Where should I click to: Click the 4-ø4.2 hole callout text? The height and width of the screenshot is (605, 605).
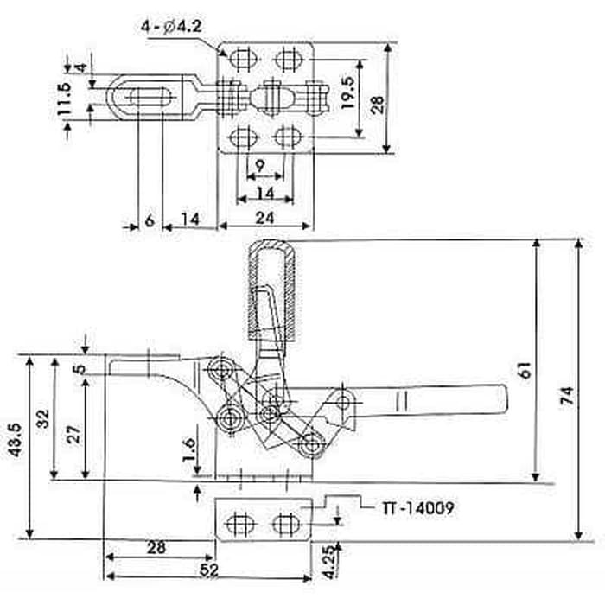coord(171,28)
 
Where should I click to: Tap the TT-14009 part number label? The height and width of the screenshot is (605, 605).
coord(417,508)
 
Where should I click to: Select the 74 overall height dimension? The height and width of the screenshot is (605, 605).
coord(567,395)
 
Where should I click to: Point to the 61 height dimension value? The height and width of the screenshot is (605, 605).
coord(525,370)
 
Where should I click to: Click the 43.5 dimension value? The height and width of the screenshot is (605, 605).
coord(16,440)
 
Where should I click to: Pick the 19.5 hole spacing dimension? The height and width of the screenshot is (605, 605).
coord(347,92)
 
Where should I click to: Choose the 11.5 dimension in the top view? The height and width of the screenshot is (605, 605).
coord(64,99)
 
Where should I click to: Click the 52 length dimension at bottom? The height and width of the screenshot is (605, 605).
coord(209,570)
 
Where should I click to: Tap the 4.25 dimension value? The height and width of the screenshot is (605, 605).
coord(328,562)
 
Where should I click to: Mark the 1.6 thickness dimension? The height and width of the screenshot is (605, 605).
coord(189,450)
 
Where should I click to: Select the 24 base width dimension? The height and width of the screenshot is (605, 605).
coord(264,219)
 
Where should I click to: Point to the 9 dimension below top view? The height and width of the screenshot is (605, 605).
coord(260,166)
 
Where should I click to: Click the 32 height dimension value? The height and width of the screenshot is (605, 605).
coord(43,418)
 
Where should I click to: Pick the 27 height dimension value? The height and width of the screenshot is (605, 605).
coord(75,434)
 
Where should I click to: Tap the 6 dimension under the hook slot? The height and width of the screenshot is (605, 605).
coord(150,220)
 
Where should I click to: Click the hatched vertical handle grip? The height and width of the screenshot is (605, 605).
coord(271,290)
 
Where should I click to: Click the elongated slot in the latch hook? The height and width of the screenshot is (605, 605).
coord(149,97)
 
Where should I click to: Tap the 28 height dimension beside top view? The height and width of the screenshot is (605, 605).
coord(378,105)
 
